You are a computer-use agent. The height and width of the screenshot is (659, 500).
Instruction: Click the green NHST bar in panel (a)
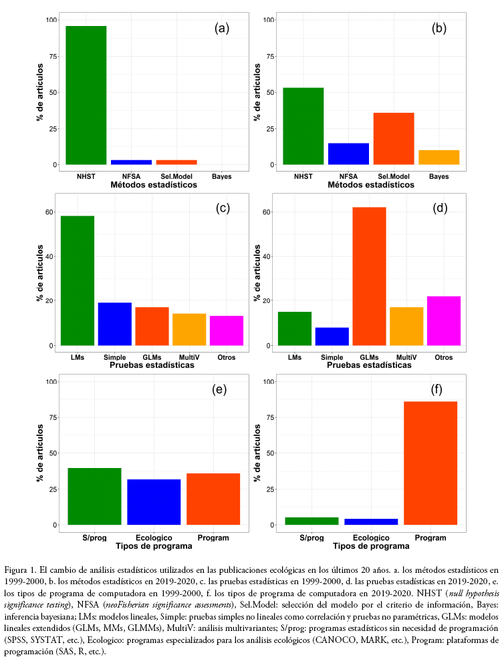point(86,95)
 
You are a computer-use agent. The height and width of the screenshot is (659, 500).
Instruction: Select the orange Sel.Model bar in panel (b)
point(394,138)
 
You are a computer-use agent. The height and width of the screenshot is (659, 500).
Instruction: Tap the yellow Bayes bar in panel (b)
point(439,157)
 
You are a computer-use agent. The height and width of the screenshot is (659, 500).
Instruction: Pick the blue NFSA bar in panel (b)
point(348,154)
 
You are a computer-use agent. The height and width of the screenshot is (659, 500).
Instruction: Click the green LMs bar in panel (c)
point(78,280)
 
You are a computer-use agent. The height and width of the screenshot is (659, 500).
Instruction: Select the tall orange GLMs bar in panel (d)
point(369,276)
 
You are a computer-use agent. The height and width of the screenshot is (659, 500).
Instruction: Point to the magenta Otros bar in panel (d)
point(444,320)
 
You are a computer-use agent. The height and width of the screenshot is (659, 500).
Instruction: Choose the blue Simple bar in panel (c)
point(115,324)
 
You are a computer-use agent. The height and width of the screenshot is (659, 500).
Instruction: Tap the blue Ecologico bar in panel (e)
point(154,501)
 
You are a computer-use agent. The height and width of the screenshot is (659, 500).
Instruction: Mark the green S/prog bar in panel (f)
point(311,521)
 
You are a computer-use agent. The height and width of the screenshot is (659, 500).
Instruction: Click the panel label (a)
point(222,28)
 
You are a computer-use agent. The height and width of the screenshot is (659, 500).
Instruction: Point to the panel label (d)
point(440,208)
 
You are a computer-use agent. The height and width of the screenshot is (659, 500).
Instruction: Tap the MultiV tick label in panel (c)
point(189,357)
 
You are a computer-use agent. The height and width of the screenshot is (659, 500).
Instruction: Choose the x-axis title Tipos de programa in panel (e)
point(154,545)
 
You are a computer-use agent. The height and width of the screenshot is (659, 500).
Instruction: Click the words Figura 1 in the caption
point(22,571)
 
